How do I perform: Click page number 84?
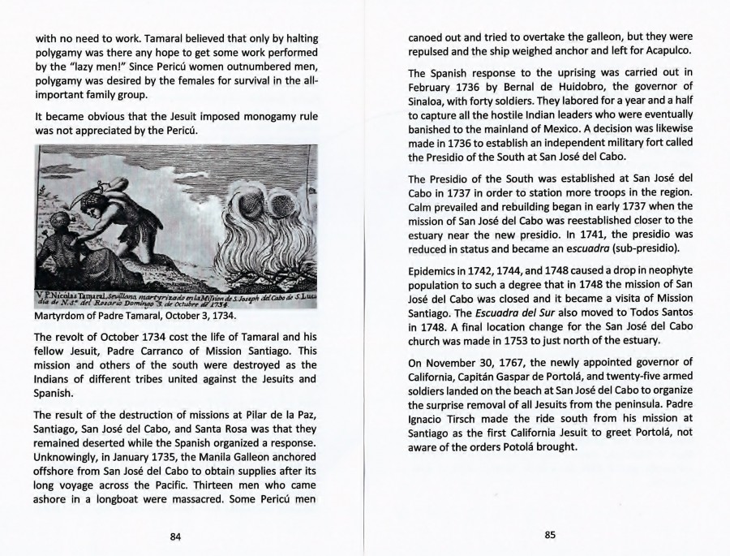coord(175,535)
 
